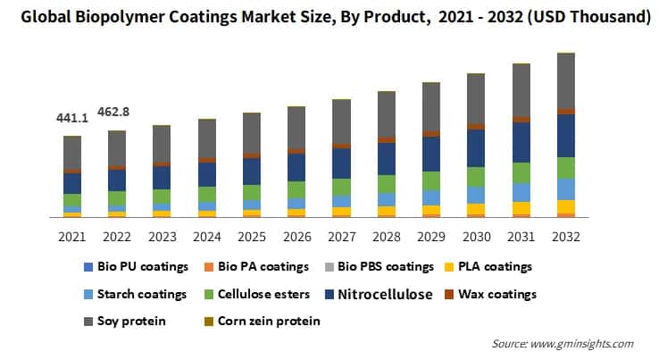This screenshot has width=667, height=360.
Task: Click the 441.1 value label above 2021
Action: [x=71, y=118]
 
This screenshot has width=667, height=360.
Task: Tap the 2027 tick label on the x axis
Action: [x=340, y=237]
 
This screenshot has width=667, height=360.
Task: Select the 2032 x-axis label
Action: [x=566, y=237]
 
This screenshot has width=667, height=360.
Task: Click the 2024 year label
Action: [x=207, y=237]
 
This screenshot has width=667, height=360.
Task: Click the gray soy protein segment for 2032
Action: [x=566, y=80]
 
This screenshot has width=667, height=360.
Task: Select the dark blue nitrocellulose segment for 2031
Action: [x=521, y=142]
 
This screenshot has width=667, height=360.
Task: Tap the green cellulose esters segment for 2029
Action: [x=430, y=180]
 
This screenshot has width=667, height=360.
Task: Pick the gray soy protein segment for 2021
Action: [x=71, y=153]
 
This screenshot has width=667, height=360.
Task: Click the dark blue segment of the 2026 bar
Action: [x=296, y=167]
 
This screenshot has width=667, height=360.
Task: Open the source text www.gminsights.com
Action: [x=586, y=343]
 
